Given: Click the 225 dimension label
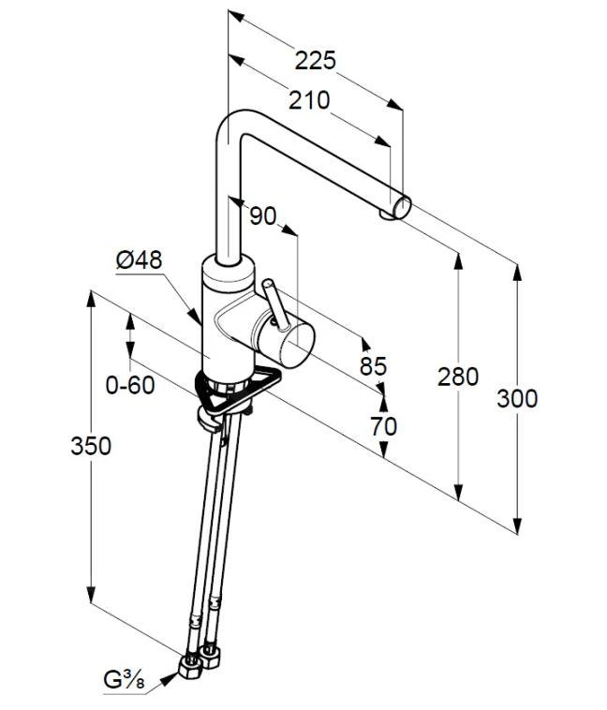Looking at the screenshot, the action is point(316,60).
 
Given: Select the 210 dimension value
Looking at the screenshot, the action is point(309,100).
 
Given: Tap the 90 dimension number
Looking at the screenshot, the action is point(262,215).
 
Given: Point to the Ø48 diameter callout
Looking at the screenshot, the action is point(139,259).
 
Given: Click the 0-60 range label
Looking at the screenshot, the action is point(130,385).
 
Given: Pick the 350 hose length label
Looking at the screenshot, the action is point(91,446).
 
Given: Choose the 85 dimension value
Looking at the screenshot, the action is point(373,365).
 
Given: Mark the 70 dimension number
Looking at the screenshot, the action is point(384,426).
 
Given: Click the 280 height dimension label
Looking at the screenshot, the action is point(458,377).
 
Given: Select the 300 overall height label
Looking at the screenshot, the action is point(517,398).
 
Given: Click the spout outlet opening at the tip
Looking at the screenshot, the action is point(401,208).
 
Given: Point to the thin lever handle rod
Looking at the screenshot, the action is point(275,304).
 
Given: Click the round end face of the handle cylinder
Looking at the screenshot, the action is point(297,345).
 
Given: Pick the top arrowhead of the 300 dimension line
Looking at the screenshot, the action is point(517,273).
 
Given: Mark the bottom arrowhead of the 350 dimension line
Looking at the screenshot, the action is point(91,595).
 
